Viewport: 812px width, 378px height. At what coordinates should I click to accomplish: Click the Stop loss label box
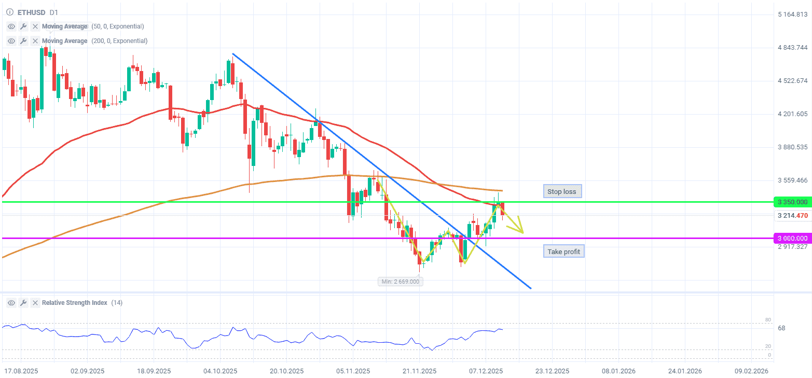(562, 191)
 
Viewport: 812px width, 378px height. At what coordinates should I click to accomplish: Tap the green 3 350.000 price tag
(792, 202)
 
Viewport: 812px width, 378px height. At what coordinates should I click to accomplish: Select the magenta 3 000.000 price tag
(792, 238)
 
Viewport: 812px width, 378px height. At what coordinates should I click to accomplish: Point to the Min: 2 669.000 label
(401, 282)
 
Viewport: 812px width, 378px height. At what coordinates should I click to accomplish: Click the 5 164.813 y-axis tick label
(793, 15)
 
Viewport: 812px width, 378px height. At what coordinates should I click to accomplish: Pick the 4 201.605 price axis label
(793, 114)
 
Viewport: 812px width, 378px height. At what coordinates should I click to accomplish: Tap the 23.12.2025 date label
(552, 371)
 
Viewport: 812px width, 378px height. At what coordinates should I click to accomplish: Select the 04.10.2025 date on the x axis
(221, 371)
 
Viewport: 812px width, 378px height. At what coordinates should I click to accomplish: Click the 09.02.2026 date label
(751, 371)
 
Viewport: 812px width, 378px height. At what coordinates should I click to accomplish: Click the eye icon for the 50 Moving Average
(11, 26)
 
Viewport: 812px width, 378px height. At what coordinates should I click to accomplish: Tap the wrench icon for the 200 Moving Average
(23, 41)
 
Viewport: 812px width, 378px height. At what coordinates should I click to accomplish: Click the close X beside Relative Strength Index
(35, 303)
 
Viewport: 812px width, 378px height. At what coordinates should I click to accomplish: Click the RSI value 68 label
(781, 328)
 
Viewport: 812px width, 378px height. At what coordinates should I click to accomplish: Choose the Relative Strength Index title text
(75, 303)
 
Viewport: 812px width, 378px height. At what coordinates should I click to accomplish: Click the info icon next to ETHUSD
(9, 12)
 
